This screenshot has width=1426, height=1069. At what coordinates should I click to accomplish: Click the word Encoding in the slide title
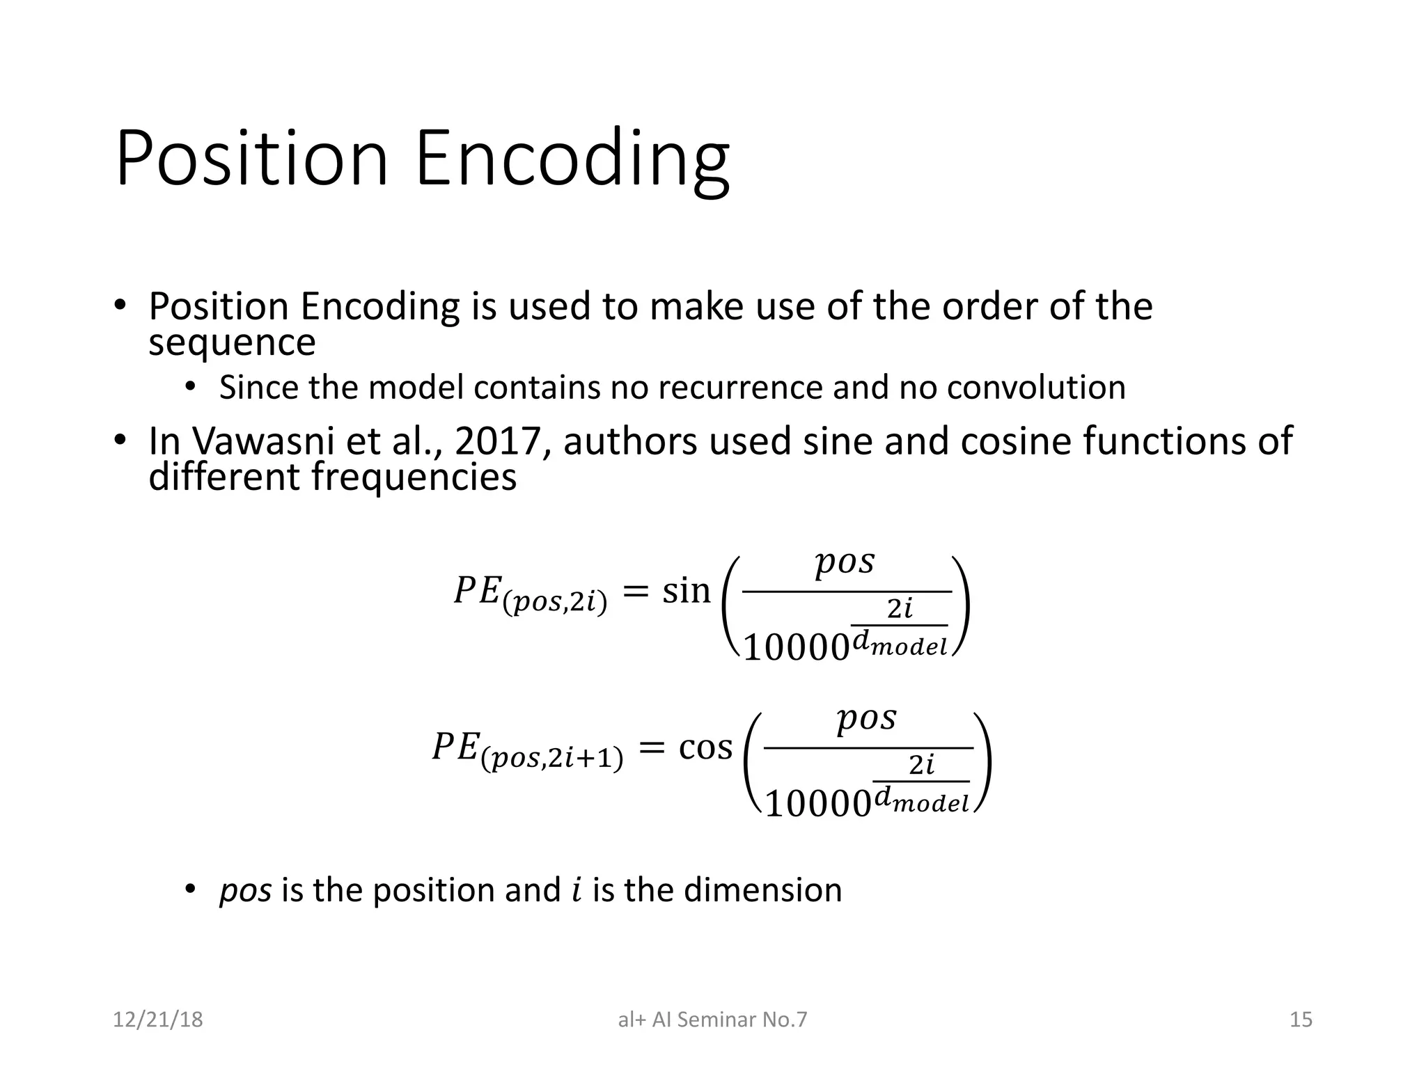pos(572,160)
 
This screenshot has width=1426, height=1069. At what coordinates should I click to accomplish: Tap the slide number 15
pos(1301,1020)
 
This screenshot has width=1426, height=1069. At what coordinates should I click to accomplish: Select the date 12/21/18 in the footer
pos(158,1020)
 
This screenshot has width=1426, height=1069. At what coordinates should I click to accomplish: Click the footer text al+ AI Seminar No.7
pos(712,1020)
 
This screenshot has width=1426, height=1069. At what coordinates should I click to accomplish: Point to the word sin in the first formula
pos(686,592)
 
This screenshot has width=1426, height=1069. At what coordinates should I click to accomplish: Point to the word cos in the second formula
pos(705,748)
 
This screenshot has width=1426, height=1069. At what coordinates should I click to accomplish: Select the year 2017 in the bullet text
pos(498,441)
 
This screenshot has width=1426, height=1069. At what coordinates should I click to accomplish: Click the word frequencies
pos(414,477)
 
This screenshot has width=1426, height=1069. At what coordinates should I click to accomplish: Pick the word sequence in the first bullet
pos(232,342)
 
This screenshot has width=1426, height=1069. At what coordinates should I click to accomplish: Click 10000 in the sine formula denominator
pos(796,648)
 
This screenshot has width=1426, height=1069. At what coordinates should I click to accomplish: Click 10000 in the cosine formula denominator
pos(817,805)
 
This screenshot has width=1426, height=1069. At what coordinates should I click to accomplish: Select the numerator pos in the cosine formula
pos(866,718)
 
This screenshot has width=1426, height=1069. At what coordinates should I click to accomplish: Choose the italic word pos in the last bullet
pos(245,891)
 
